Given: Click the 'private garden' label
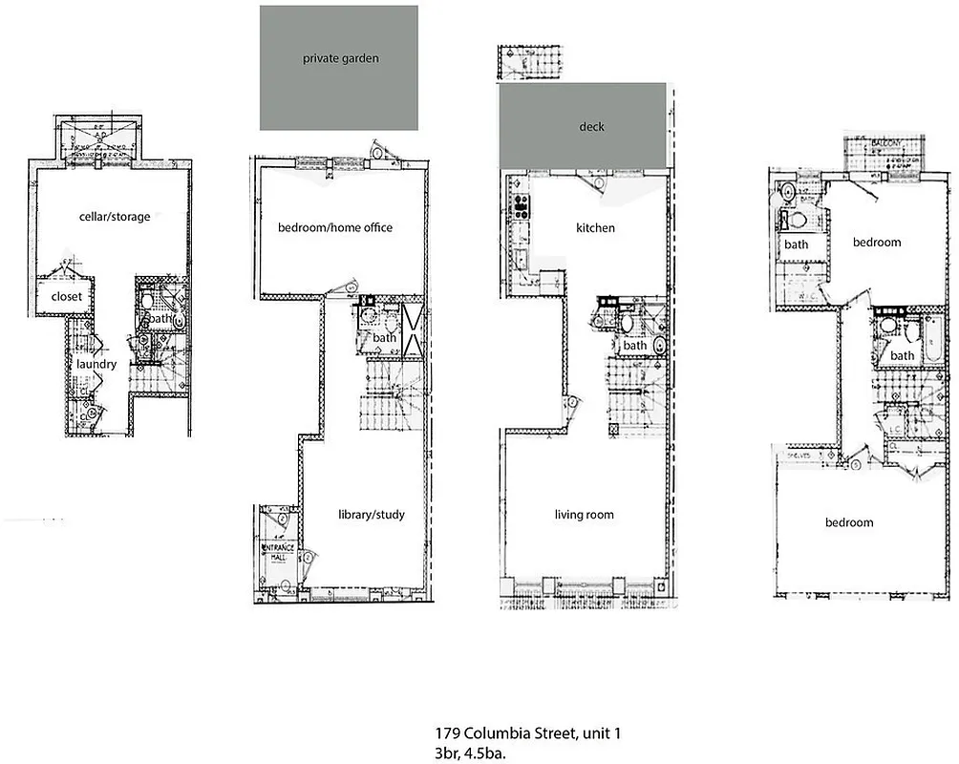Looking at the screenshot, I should pos(340,58).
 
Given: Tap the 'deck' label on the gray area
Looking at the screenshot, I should pos(592,126).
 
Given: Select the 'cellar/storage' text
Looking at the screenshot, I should pos(115,217).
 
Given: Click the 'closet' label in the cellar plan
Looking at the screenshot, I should pos(66,297).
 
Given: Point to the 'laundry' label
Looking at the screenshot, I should pos(96,364).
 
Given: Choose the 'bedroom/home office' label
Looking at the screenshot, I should pos(335,227).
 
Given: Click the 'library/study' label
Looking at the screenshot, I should pos(372,515).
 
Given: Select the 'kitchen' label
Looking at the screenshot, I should pos(595,228).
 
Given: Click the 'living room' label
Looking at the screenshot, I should pos(584,515).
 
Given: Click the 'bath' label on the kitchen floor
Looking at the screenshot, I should pos(634,345).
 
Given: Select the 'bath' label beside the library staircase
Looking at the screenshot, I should pos(384,337).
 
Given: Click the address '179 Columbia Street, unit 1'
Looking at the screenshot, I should pos(528,733).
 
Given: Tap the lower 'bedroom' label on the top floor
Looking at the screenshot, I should pos(849,522).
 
